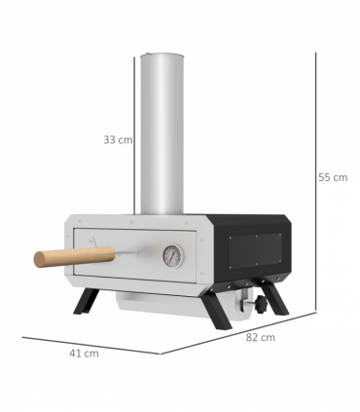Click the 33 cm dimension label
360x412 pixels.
(x=118, y=139)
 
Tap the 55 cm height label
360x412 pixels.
(x=333, y=177)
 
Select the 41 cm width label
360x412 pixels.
(x=85, y=353)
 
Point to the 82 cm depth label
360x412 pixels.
(x=261, y=338)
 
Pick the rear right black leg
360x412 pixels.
(x=276, y=297)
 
